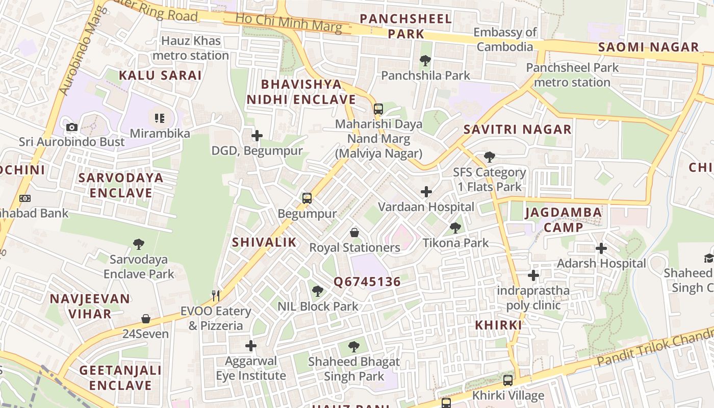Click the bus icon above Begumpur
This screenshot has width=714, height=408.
point(307,198)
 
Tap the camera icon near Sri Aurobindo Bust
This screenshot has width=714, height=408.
point(72,127)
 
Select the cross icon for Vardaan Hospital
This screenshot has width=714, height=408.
point(426,192)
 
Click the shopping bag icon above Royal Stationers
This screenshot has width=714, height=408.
point(354,233)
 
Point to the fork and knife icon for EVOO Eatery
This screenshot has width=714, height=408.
point(216,296)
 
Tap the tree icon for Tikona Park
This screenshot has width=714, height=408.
point(455,228)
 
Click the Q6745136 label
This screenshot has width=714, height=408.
point(367,282)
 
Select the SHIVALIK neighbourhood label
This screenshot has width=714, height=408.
point(264,242)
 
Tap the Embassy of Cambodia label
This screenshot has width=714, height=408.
point(505,39)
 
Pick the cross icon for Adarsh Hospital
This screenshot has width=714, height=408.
point(601,248)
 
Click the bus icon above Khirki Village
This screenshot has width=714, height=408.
point(507,380)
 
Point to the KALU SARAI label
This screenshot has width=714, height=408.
point(160,75)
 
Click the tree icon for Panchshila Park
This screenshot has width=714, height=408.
point(425,61)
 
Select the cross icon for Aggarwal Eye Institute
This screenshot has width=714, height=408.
point(250,346)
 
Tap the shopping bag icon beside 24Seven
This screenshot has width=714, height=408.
point(145,319)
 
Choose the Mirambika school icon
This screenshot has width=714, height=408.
point(159,118)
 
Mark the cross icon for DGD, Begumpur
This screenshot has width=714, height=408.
point(257,136)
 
